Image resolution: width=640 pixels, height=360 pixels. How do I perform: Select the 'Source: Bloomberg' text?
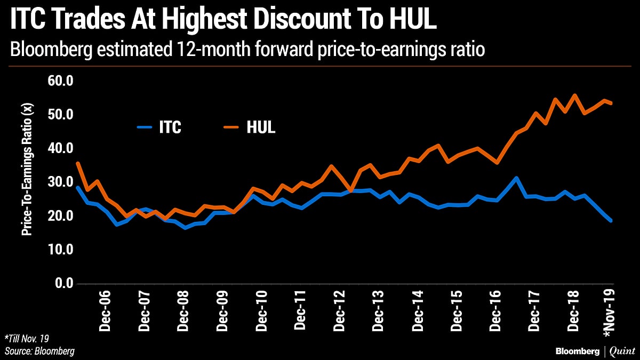point(39,351)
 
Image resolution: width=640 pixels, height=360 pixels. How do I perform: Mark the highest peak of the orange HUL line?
point(574,95)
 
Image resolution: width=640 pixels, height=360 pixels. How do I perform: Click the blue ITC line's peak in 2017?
point(516,178)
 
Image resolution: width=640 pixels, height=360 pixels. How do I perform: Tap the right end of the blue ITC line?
point(611,220)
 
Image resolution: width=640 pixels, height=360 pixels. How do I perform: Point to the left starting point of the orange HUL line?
point(78,163)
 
